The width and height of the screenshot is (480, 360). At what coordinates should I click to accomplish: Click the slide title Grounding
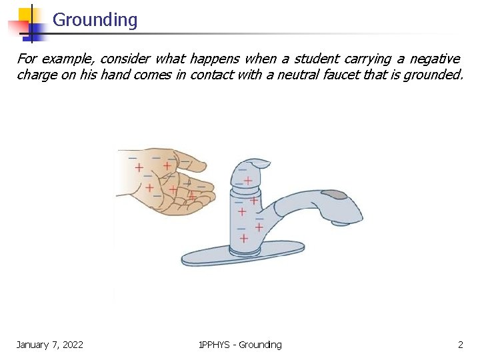pos(95,20)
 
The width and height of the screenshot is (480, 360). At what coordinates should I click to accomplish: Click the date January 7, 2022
pos(50,345)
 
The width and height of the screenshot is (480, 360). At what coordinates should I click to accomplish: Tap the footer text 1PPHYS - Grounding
pos(240,345)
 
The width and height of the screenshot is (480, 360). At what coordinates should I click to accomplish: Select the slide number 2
pos(460,345)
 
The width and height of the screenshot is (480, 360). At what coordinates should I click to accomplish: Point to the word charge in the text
pos(36,75)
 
